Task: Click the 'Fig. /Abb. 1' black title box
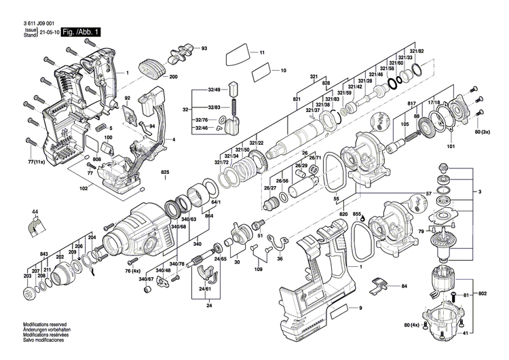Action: (82, 32)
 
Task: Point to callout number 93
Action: (204, 48)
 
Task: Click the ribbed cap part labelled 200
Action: (151, 68)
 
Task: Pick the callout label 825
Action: (164, 172)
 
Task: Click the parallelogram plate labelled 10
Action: (260, 71)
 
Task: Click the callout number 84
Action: (404, 286)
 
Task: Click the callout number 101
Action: (451, 145)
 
